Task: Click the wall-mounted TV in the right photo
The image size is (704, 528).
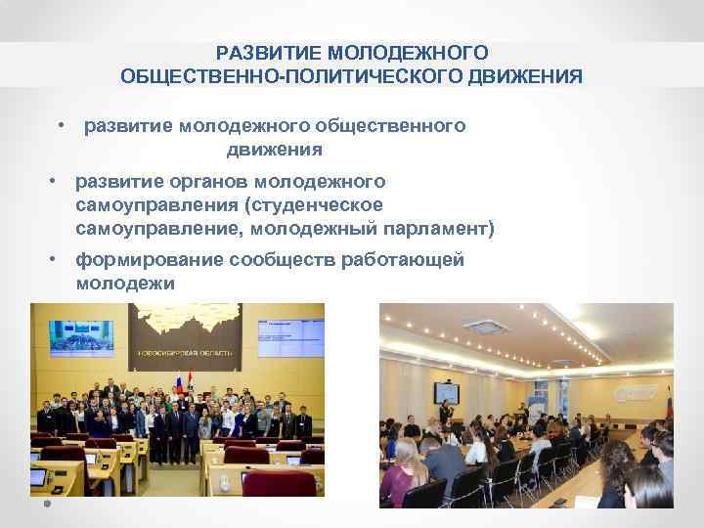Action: click(446, 393)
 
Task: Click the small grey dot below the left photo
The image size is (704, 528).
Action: click(46, 506)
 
